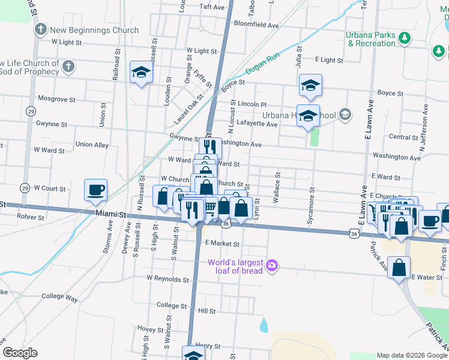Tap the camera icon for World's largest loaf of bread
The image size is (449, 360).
click(272, 265)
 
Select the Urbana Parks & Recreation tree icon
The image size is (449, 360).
click(405, 39)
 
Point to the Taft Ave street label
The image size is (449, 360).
click(212, 7)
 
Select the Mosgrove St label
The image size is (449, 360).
click(56, 98)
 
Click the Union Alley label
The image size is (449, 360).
click(92, 145)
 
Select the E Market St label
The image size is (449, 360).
click(222, 244)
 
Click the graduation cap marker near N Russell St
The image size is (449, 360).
click(141, 73)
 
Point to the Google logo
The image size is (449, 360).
click(20, 353)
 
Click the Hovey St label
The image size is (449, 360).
click(146, 329)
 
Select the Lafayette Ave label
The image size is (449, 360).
click(258, 124)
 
